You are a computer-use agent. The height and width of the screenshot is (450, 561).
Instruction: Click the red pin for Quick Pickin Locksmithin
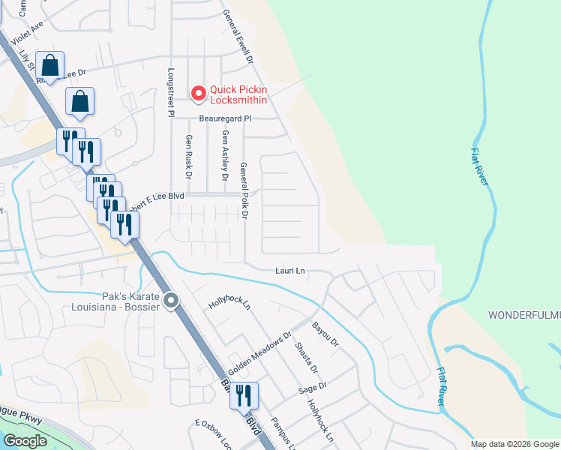[x=199, y=93]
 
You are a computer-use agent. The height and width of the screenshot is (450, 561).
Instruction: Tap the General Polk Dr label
[x=244, y=190]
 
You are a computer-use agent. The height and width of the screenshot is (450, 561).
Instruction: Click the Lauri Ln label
[x=289, y=270]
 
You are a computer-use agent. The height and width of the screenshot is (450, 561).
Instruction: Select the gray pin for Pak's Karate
[x=172, y=301]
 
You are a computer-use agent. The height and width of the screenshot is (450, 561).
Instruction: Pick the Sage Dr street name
[x=313, y=388]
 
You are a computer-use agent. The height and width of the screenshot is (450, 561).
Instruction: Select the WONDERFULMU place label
[x=524, y=313]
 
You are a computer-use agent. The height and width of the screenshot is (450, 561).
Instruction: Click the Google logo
[x=25, y=441]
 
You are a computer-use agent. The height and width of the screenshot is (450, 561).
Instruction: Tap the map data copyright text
[x=514, y=444]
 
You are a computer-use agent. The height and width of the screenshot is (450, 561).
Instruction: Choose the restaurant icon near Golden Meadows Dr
[x=244, y=395]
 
